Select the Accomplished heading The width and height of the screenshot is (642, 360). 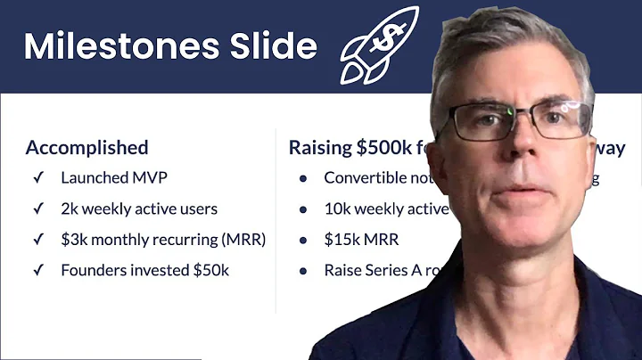86,148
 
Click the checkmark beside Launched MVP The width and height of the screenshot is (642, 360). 37,177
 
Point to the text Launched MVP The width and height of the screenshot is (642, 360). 113,177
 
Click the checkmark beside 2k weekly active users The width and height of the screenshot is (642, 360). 37,209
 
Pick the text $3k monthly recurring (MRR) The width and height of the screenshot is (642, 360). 163,239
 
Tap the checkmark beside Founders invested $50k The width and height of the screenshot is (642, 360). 37,269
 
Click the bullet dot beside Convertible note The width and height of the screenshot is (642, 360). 303,178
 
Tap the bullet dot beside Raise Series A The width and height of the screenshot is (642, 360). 303,269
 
